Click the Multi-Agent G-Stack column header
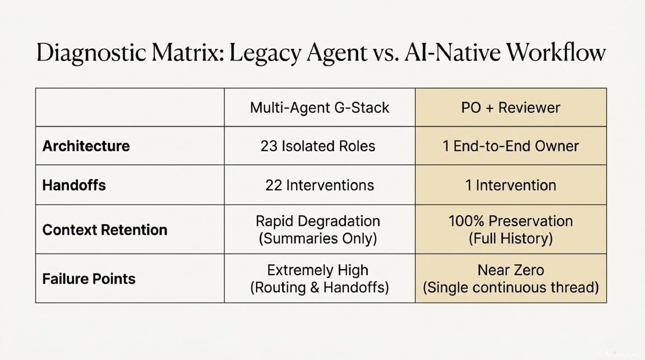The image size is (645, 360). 319,107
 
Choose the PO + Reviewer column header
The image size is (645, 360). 511,107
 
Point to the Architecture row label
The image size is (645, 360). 86,146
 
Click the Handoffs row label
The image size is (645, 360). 74,185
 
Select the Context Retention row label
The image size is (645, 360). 105,230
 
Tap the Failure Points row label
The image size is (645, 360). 89,279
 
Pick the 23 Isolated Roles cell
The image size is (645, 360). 319,146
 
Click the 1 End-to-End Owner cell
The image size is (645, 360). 511,146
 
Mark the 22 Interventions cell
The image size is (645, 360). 319,185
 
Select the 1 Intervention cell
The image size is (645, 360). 511,185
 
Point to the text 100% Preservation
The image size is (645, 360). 511,221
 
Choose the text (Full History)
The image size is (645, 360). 511,238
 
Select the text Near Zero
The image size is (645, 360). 511,270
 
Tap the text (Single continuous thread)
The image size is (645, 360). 511,287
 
